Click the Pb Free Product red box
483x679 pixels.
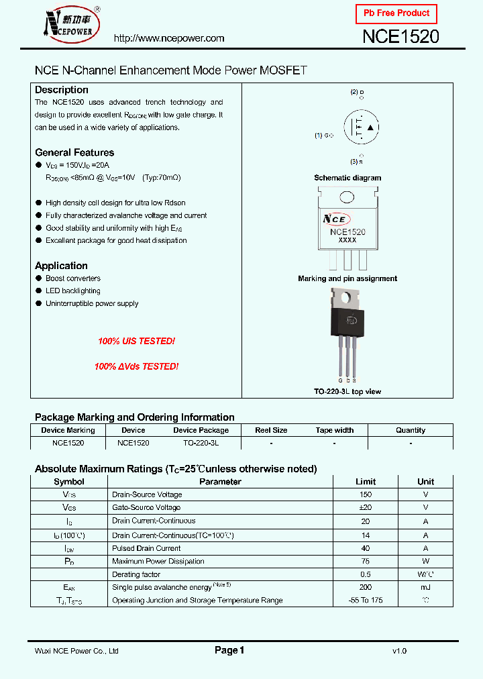tap(396, 13)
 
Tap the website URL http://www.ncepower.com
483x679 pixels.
tap(169, 39)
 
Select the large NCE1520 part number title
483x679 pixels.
tap(400, 37)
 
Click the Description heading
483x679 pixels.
tap(62, 90)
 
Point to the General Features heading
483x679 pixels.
tap(74, 152)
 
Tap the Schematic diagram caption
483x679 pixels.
tap(347, 178)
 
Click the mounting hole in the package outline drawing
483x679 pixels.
tap(347, 197)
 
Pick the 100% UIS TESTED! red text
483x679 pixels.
tap(136, 342)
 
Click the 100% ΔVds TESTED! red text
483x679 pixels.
tap(136, 367)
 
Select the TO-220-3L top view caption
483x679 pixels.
tap(347, 392)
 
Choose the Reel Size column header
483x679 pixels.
tap(271, 430)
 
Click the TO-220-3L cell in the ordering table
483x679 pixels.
tap(201, 443)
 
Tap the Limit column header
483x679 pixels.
tap(366, 482)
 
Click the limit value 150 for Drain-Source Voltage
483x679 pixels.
tap(366, 494)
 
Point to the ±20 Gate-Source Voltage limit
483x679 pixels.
tap(366, 508)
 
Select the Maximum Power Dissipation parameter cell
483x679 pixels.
tap(158, 561)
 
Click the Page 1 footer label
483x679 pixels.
tap(229, 650)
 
